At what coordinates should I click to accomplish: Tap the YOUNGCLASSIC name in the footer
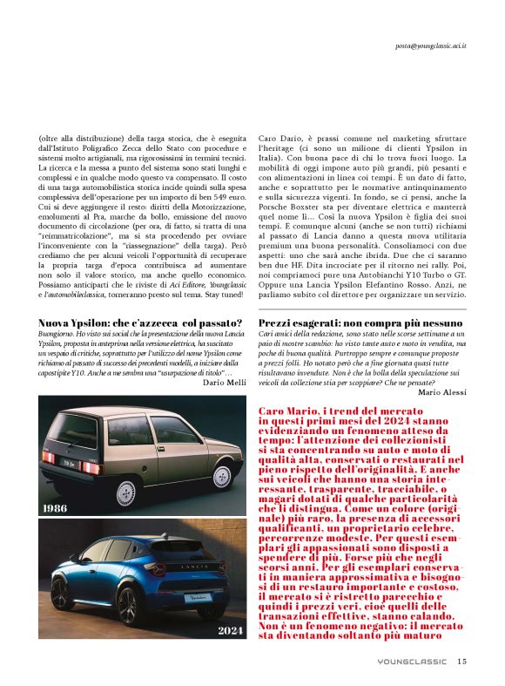[414, 662]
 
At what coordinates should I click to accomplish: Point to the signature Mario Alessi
[442, 392]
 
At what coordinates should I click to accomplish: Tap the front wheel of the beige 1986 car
[222, 477]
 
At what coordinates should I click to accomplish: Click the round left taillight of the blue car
[156, 569]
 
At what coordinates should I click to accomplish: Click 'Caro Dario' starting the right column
[281, 139]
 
